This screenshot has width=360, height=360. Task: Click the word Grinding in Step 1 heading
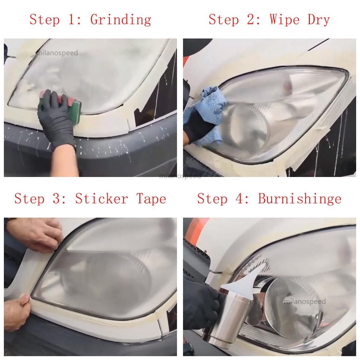tap(121, 20)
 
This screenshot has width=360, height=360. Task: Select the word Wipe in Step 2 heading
tap(285, 20)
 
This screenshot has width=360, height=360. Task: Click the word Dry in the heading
tap(319, 20)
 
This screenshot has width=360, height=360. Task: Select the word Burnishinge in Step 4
tap(300, 199)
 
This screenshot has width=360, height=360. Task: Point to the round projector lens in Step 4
tap(292, 308)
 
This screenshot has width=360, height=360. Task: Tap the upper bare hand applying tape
tap(35, 234)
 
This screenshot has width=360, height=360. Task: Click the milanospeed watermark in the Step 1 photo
tap(58, 53)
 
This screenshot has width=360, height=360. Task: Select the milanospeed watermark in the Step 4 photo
tap(305, 301)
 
